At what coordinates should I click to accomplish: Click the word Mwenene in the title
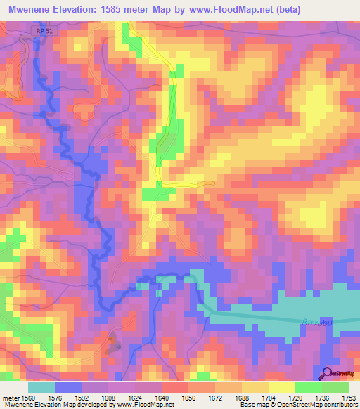(29, 9)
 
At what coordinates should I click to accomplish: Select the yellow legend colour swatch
(281, 387)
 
